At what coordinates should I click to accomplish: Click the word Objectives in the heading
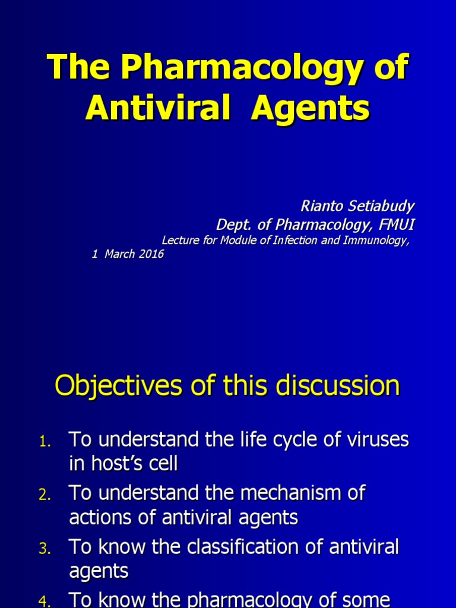(x=116, y=387)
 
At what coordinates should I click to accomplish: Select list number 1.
(x=45, y=441)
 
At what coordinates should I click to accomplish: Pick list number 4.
(x=45, y=601)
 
